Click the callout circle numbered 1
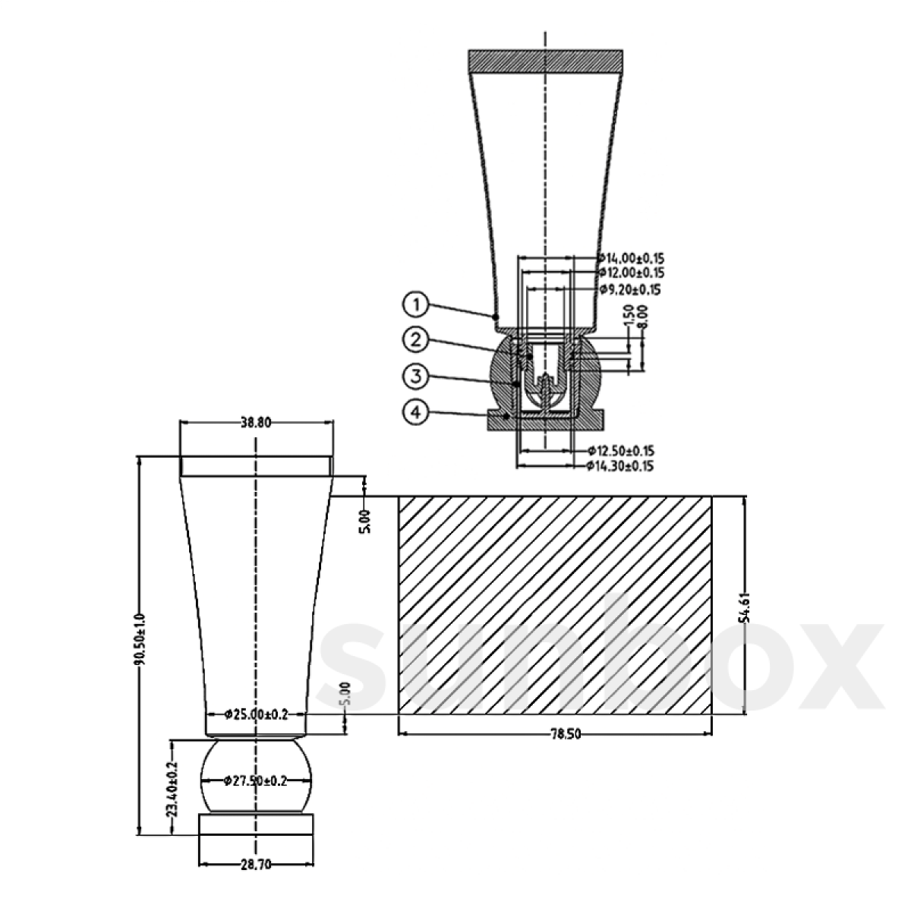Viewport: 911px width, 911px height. (417, 305)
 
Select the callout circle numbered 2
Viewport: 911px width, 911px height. (417, 340)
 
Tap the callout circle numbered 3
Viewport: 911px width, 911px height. (417, 376)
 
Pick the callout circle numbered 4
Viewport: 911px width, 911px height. (417, 412)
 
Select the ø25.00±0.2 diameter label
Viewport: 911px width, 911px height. (257, 714)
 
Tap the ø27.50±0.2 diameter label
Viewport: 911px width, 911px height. (256, 781)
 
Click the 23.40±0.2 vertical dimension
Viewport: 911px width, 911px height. (172, 790)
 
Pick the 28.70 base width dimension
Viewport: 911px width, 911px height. (255, 864)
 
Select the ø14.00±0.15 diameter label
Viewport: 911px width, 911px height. (630, 257)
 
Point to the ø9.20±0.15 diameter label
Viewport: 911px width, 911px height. (630, 289)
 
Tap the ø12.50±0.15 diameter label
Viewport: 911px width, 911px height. (620, 450)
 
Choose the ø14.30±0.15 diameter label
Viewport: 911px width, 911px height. (620, 465)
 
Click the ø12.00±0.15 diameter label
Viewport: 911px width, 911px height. (630, 273)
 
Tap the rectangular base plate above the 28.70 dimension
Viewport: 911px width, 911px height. (256, 824)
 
